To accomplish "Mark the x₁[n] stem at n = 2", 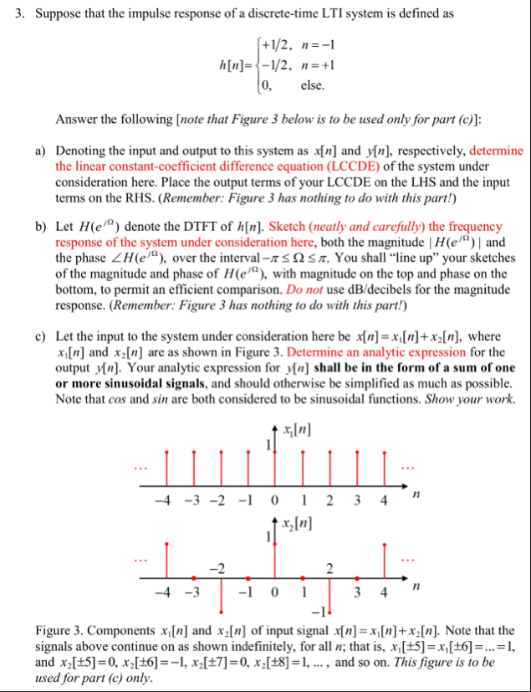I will (329, 469).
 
